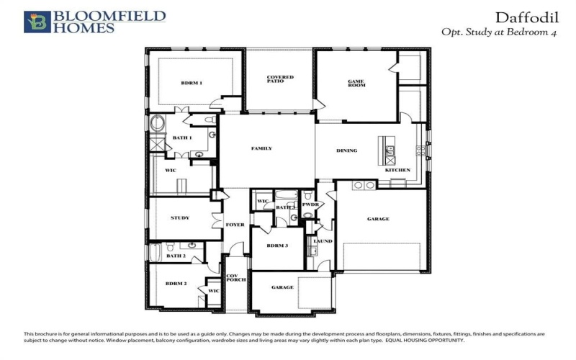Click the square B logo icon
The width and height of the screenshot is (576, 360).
(37, 22)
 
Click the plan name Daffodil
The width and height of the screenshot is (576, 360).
(524, 17)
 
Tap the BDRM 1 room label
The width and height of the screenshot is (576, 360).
(192, 84)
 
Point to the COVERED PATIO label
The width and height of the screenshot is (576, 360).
(280, 79)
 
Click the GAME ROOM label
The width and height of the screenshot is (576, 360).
(356, 84)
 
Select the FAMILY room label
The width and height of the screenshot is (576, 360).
(261, 148)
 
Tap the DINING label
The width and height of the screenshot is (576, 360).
(347, 150)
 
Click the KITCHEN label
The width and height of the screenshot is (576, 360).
(397, 170)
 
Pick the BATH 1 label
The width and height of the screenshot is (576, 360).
(181, 138)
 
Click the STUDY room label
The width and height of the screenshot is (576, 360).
(180, 217)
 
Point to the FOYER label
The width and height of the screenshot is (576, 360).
(235, 225)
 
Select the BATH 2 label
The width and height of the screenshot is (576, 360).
(176, 256)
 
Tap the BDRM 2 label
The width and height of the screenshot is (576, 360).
(176, 284)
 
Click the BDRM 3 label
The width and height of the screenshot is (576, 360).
(276, 246)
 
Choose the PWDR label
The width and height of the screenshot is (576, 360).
(310, 204)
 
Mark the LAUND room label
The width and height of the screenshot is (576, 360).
(323, 241)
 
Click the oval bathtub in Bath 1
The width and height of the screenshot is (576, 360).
(157, 123)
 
